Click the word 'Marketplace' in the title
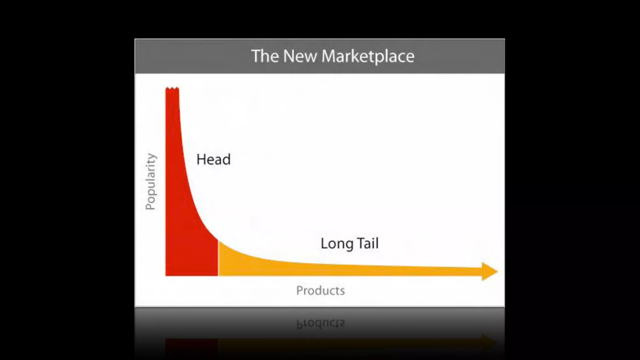point(368,57)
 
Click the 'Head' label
point(213,159)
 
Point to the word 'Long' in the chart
point(337,244)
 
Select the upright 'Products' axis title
point(321,291)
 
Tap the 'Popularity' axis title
point(151,182)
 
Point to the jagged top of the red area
point(172,89)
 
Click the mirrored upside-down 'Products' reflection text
point(321,323)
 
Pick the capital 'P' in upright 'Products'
point(299,291)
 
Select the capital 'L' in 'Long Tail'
point(324,243)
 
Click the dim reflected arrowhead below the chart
point(489,342)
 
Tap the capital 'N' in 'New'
point(289,56)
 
